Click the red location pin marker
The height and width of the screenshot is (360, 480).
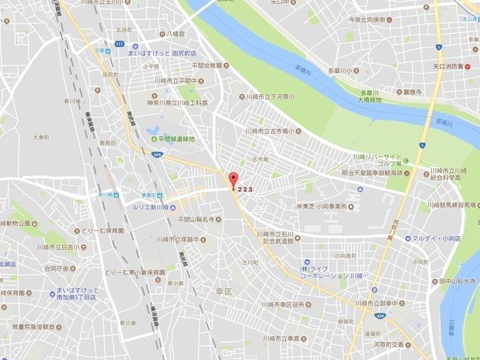(x=232, y=180)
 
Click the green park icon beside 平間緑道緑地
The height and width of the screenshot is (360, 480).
(x=155, y=139)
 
